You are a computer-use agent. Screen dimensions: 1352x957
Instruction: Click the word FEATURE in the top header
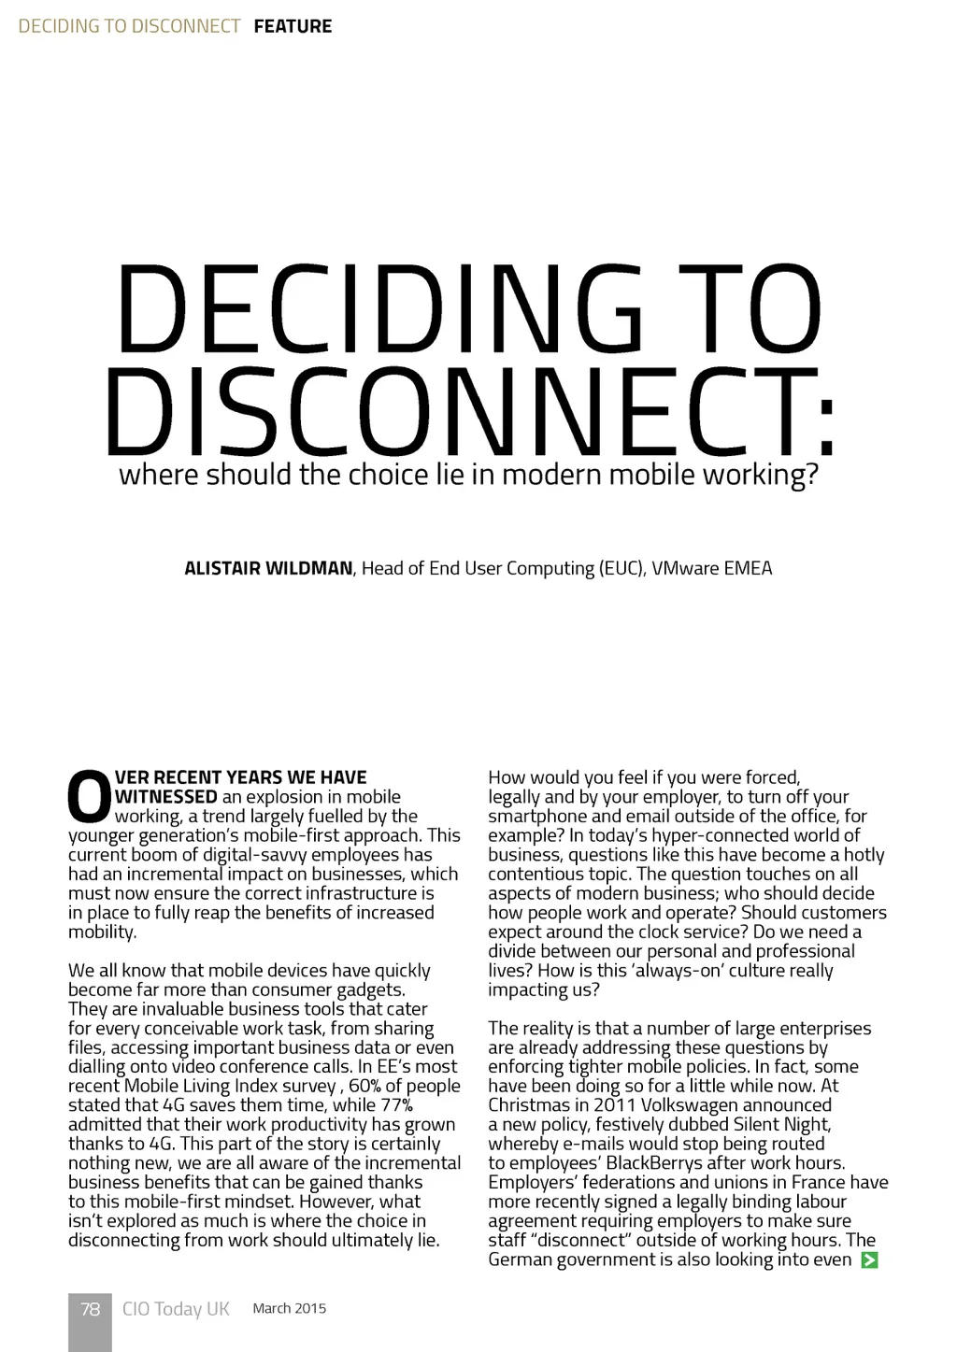293,26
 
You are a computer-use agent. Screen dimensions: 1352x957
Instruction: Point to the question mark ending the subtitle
811,475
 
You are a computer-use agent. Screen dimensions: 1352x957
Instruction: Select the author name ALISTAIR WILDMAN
268,568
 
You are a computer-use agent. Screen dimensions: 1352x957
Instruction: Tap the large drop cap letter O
89,796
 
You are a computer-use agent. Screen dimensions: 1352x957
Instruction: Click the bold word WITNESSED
166,797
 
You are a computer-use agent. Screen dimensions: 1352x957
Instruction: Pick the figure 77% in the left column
396,1105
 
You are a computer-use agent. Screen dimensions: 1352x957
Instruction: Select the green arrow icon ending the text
869,1260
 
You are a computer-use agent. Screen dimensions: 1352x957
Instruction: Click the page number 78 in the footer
90,1309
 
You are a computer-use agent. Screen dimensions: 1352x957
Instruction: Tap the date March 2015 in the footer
290,1308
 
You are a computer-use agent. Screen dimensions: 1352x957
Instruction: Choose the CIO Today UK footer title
176,1309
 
